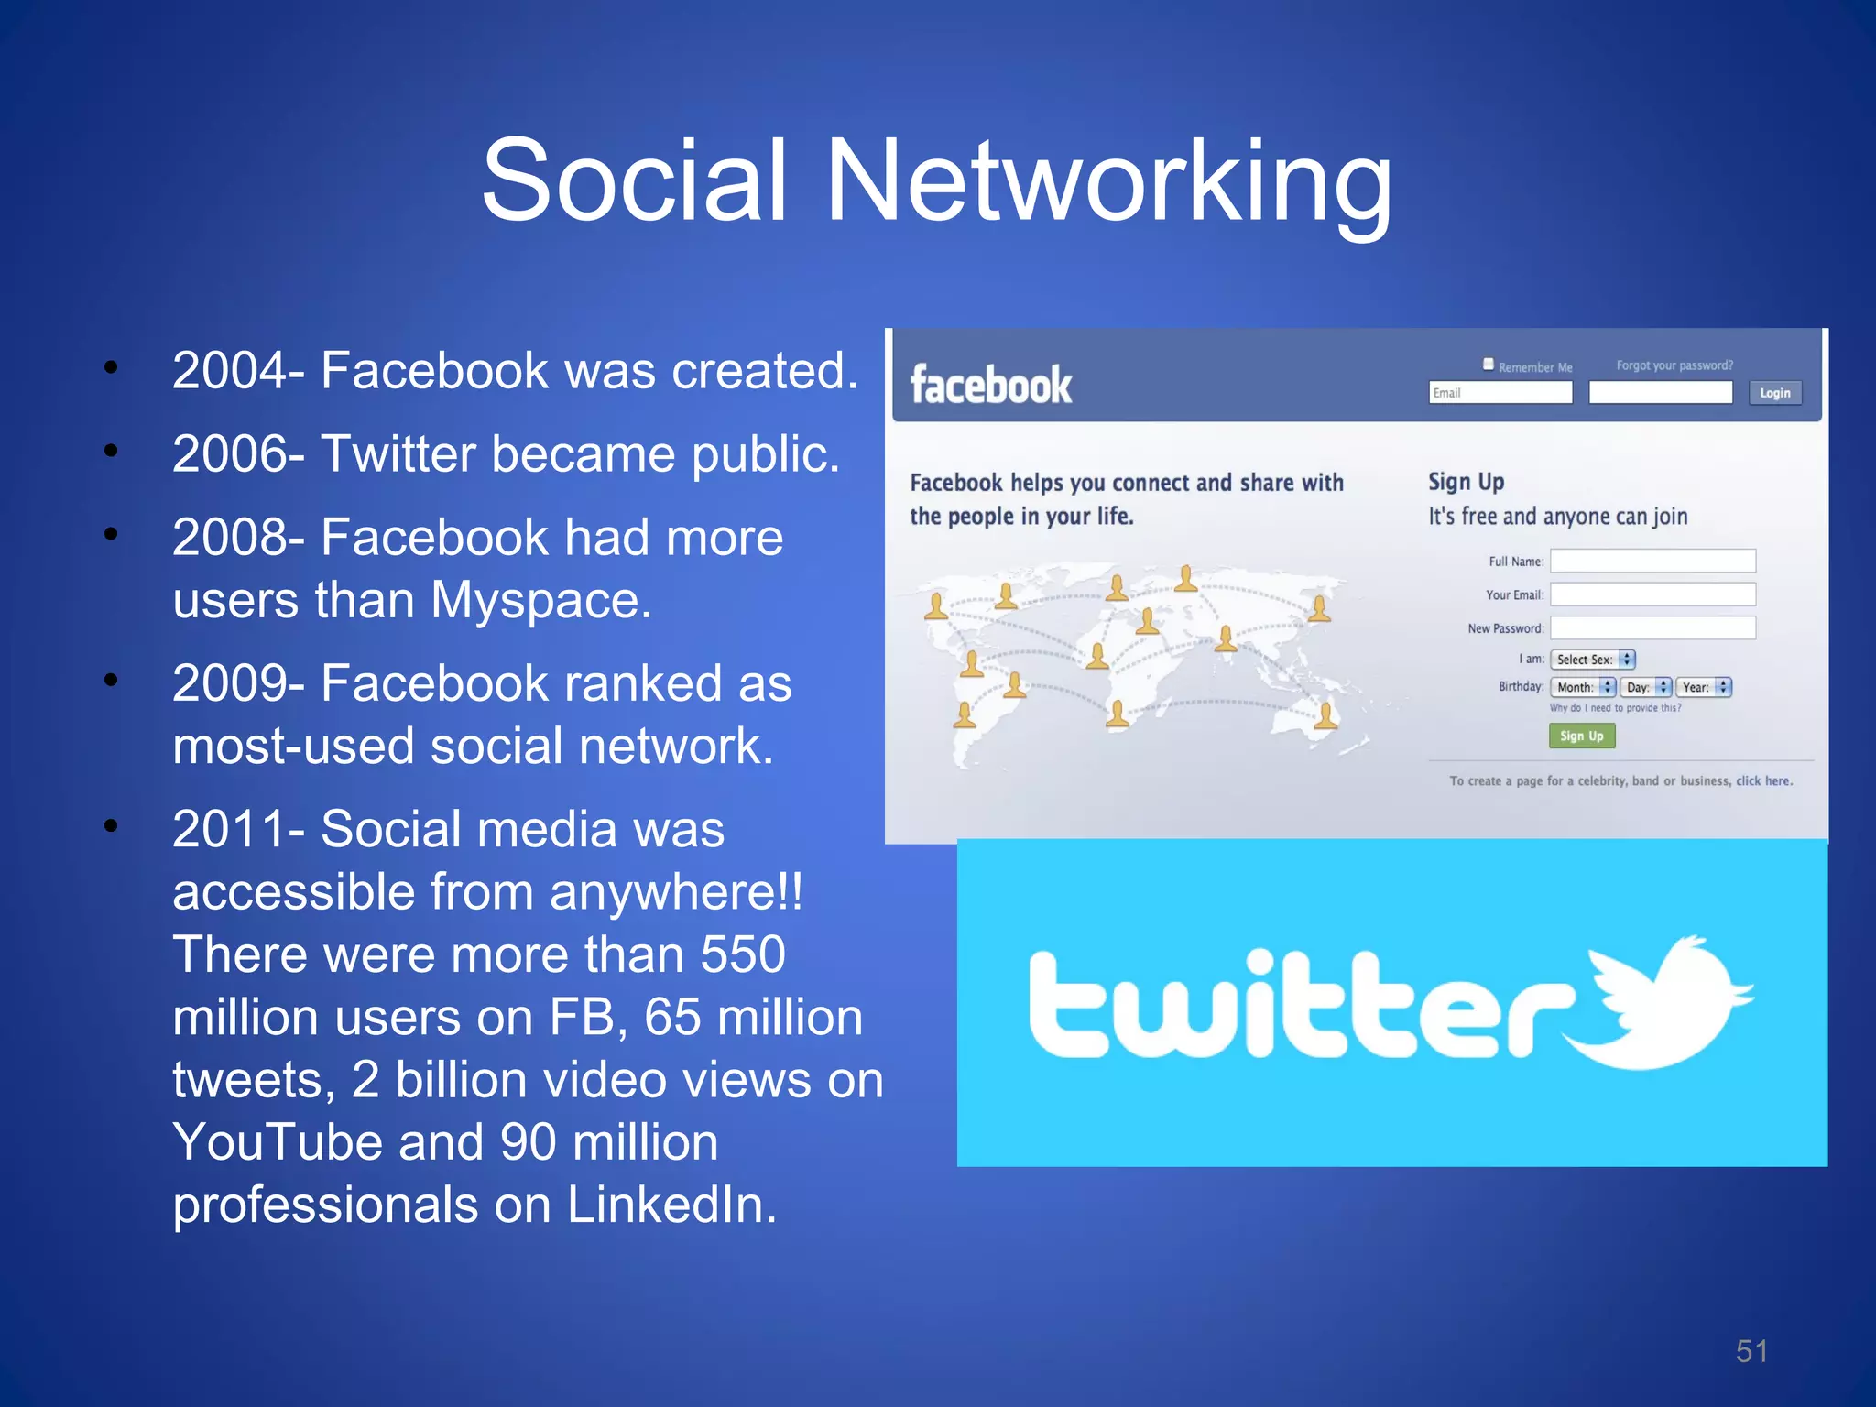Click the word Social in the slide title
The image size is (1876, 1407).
click(634, 180)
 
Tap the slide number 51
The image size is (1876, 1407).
click(1751, 1351)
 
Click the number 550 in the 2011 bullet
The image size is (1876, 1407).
click(743, 954)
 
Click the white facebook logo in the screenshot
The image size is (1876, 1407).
click(990, 386)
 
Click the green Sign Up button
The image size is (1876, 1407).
click(1582, 736)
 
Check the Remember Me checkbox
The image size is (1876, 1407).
click(1489, 364)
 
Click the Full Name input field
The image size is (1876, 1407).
click(1652, 561)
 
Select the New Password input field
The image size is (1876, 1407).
click(1652, 627)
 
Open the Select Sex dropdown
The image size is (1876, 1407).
click(1592, 660)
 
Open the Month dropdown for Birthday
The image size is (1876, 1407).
click(1582, 687)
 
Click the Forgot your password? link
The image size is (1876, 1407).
click(1674, 365)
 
